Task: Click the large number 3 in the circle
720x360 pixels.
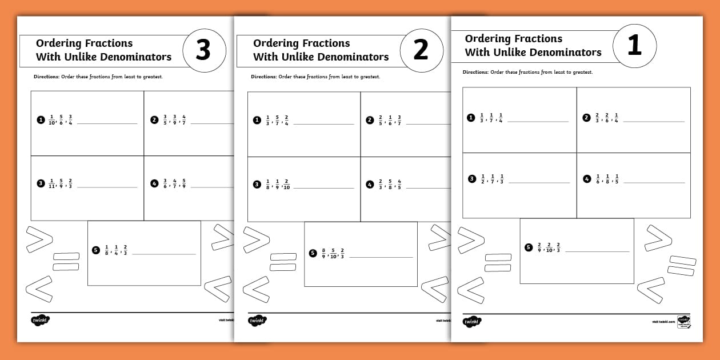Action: [203, 51]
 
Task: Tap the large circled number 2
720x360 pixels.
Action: [421, 51]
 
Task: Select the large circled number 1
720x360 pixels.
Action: [634, 46]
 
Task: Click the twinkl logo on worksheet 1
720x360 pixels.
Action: [472, 322]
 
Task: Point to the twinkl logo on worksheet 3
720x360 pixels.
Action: [41, 321]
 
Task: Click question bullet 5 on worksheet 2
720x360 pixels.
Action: [313, 253]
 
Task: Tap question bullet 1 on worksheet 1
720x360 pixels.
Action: [471, 118]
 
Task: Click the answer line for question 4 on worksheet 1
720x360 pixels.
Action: [654, 183]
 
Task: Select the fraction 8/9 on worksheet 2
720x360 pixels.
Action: [323, 253]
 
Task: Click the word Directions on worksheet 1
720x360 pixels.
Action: [475, 73]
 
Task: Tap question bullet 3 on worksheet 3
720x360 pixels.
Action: [41, 183]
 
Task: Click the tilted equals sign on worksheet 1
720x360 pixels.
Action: [681, 264]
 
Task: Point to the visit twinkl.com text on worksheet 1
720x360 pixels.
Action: [663, 322]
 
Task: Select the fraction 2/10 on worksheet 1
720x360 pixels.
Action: [548, 247]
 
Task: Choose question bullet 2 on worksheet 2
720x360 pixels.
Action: [369, 120]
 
